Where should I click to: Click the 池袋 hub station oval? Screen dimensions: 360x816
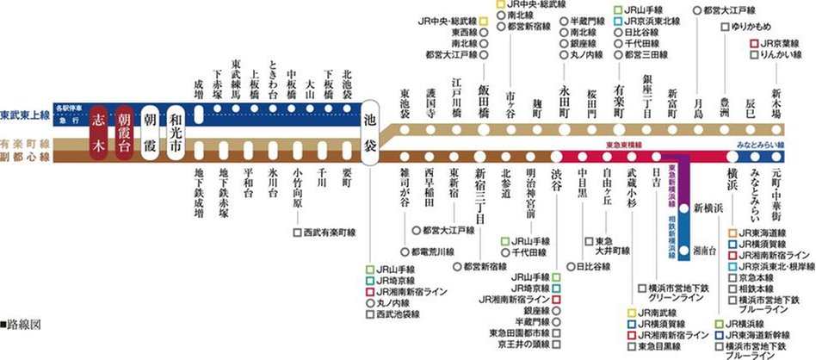(371, 130)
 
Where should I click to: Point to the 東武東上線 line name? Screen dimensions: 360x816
(25, 115)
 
